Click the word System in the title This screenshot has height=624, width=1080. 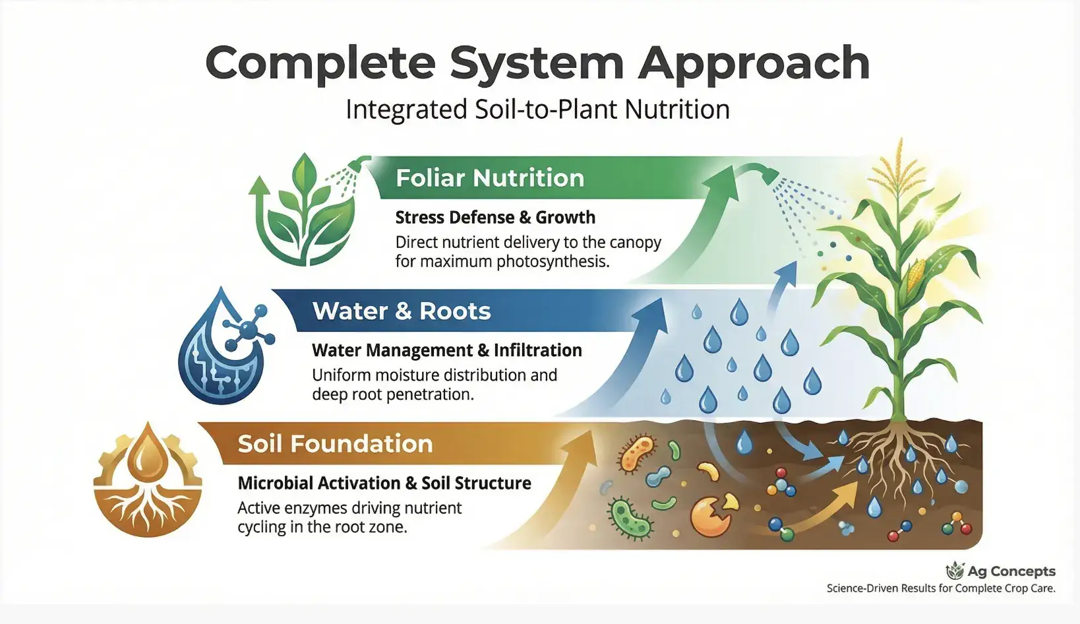(x=536, y=64)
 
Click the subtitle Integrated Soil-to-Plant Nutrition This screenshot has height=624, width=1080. (x=537, y=109)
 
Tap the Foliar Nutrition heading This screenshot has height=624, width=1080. (x=490, y=178)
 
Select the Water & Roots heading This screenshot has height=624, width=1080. (x=402, y=311)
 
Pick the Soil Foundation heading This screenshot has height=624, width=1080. (x=335, y=444)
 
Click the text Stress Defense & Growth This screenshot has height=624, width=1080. (x=495, y=218)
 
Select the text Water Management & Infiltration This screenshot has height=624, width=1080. (x=446, y=350)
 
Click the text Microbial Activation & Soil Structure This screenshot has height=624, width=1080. (x=384, y=484)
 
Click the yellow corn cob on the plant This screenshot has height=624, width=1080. (x=916, y=276)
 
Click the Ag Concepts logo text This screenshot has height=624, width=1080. (x=1011, y=571)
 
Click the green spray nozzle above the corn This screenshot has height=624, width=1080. (x=769, y=175)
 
